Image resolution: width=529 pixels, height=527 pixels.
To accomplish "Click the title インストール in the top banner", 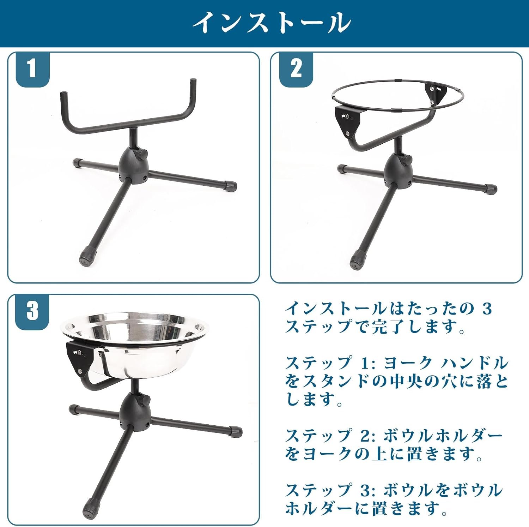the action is point(271,23).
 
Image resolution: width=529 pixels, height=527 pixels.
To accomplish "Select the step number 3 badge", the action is point(32,311).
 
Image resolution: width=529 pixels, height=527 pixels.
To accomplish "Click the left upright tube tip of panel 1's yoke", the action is point(64,95).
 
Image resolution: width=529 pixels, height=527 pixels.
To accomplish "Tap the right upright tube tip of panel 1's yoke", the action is point(193,83).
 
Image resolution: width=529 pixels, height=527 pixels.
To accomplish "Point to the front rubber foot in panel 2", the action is point(357,259).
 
